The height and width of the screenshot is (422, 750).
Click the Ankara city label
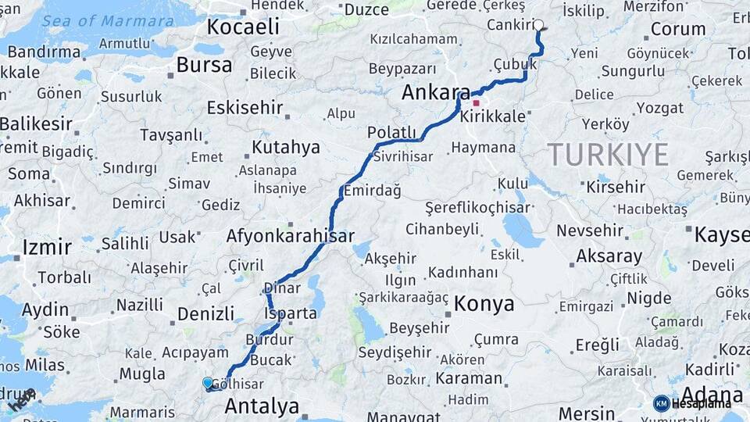coord(436,92)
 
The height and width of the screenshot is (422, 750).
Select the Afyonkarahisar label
coord(290,235)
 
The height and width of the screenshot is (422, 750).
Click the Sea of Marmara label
coord(109,21)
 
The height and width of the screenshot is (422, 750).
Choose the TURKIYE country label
coord(607,155)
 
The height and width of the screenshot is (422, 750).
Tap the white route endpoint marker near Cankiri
coord(538,24)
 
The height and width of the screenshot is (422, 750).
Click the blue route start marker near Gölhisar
coord(207,383)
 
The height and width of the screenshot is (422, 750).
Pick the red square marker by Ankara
coord(476,102)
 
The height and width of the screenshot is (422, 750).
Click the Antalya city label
coord(262,406)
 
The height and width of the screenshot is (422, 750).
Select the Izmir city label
coord(47,249)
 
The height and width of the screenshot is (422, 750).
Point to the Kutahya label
coord(286,147)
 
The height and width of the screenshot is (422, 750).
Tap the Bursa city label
coord(204,65)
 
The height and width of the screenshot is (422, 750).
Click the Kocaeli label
coord(242,27)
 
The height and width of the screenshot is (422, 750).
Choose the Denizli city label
coord(205,314)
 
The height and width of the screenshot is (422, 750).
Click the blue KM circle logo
coord(661,403)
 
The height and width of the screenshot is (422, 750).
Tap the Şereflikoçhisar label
coord(477,208)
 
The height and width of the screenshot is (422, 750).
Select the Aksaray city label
coord(609,256)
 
